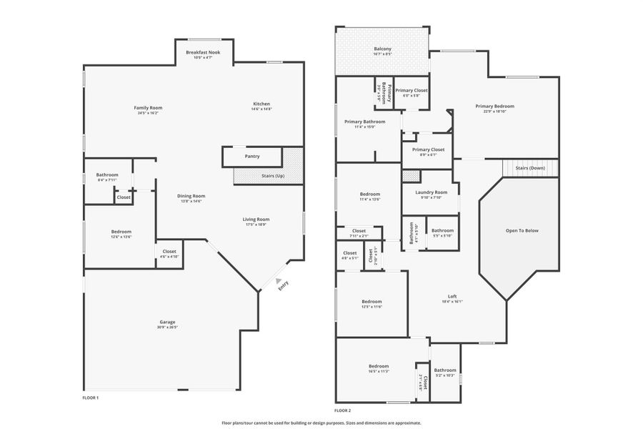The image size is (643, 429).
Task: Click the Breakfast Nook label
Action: (x=203, y=52)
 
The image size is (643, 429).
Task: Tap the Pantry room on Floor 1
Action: (x=252, y=156)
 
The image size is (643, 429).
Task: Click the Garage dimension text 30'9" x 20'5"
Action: (x=167, y=327)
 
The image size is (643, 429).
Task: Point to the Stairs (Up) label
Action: (x=270, y=175)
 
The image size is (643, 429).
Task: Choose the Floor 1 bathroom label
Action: (x=107, y=174)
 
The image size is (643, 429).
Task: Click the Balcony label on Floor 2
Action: (x=382, y=49)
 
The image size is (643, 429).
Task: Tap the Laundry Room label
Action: (x=431, y=192)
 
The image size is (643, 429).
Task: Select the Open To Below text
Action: (x=522, y=230)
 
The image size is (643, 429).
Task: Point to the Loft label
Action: (x=452, y=296)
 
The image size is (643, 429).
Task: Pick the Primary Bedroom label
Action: (x=494, y=106)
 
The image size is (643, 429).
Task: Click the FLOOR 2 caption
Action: (x=342, y=410)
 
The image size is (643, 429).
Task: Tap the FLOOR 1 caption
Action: (x=90, y=397)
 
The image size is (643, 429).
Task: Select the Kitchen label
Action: (x=261, y=104)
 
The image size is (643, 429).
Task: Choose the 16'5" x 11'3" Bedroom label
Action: (x=379, y=365)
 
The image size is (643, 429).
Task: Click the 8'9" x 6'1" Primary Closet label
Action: (x=428, y=149)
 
